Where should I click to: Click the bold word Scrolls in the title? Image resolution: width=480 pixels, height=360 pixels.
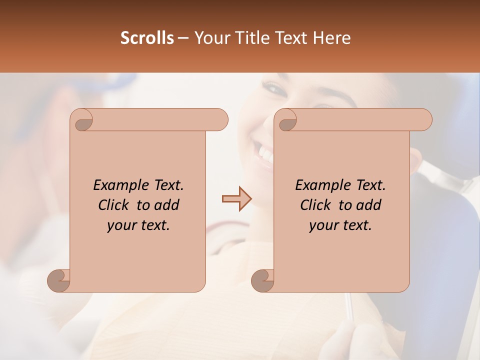(147, 38)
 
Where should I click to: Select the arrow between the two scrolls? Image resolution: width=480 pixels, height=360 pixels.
(237, 198)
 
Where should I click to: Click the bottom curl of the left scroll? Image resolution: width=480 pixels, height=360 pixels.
(59, 279)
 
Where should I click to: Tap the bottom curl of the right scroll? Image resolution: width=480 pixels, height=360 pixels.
(263, 279)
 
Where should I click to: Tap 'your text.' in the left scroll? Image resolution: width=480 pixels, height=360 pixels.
(138, 225)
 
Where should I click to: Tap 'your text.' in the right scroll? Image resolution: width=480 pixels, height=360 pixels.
(340, 225)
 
